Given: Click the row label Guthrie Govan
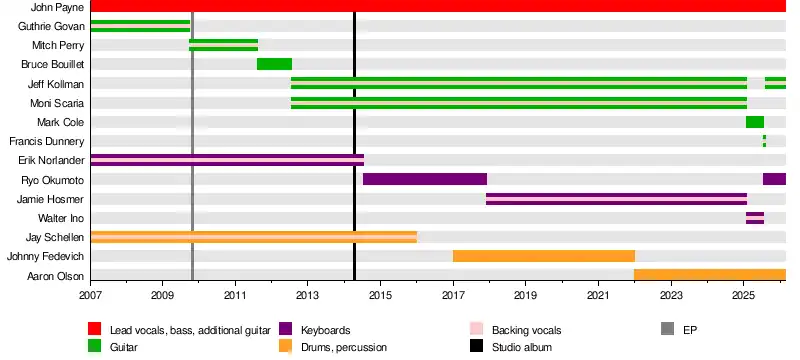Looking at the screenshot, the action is [51, 26].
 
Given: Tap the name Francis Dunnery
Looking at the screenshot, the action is [46, 141].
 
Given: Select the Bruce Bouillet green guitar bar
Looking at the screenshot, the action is [274, 64].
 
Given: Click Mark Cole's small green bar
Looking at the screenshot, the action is [755, 122].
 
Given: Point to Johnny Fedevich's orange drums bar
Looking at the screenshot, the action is [544, 256].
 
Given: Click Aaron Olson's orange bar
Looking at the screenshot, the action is [710, 275].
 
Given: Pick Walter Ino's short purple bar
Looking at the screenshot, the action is [755, 218].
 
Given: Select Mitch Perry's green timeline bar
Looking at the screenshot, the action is [223, 45].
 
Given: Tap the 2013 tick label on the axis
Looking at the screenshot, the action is [307, 295].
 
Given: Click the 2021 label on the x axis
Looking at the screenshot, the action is [598, 295].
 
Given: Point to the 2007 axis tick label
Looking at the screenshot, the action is [91, 295].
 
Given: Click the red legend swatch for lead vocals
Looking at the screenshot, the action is [94, 329].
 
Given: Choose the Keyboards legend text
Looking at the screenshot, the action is [326, 330].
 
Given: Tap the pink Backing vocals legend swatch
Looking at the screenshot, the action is [476, 329].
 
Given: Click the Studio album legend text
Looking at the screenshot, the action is [522, 348].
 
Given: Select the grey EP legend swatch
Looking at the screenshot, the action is [667, 329].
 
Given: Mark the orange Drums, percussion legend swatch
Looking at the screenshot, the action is [286, 347].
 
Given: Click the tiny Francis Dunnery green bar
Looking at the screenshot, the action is [764, 141].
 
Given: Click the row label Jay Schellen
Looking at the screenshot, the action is [55, 237].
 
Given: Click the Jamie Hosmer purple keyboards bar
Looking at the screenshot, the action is [616, 199].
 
